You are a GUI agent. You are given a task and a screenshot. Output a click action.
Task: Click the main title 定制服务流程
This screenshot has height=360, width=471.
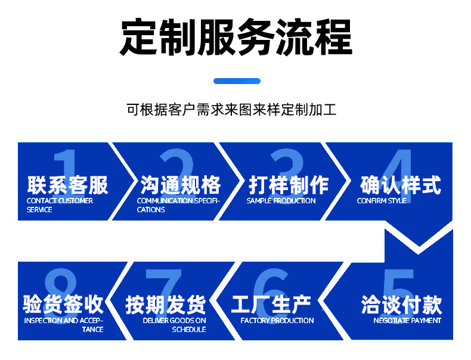coord(236,37)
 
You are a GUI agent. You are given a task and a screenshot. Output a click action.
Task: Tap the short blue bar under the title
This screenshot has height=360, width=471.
coord(237,81)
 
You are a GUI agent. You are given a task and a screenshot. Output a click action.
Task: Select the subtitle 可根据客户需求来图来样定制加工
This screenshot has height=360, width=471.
coord(231,110)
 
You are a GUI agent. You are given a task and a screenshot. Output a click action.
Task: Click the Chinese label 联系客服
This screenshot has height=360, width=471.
coord(67,185)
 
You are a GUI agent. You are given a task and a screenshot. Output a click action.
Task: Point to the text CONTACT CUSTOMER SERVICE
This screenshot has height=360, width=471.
coord(60,205)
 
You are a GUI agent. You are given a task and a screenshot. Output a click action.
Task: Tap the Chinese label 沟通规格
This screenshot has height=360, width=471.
coord(181,185)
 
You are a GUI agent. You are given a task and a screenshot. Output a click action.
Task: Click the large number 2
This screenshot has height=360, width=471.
coord(176,168)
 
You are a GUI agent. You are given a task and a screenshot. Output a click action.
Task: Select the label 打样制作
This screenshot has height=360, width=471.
coord(289,185)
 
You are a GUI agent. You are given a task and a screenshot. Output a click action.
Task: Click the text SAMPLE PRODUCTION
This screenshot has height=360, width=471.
coord(281,201)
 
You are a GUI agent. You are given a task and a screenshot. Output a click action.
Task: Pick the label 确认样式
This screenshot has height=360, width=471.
coord(401,185)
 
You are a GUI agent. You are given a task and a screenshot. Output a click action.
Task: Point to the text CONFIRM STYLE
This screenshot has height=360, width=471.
coord(382,201)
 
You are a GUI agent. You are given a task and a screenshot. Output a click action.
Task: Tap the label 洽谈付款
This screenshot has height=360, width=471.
coord(401,305)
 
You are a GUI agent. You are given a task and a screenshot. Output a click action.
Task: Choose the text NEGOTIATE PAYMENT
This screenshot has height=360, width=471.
coord(407,321)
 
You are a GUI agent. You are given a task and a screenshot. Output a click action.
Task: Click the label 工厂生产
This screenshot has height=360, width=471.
coord(271,305)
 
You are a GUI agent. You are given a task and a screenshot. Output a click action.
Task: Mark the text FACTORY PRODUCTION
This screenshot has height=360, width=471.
coord(277,321)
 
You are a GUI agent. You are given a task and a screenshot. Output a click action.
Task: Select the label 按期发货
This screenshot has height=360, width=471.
coord(166,305)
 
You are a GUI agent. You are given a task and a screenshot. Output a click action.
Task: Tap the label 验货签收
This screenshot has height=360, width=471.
coord(63,305)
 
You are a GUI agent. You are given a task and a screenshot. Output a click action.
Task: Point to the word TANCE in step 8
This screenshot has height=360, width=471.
coord(92,330)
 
